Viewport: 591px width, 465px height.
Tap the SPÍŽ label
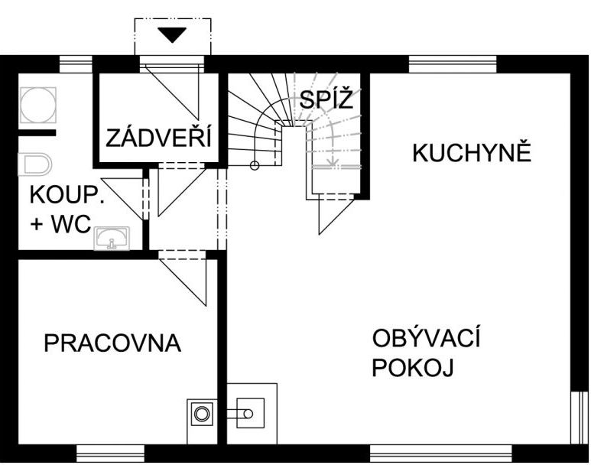click(326, 99)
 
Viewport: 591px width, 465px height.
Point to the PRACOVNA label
click(112, 343)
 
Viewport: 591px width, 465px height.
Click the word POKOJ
click(413, 367)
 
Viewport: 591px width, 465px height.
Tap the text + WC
click(60, 223)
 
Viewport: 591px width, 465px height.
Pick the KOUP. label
click(67, 195)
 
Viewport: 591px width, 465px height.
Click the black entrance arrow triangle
click(172, 35)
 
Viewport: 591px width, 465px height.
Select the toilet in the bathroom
click(34, 164)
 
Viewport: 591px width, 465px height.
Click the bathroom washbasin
click(112, 238)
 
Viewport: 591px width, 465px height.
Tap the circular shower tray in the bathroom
click(38, 106)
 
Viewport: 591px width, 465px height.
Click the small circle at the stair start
click(255, 165)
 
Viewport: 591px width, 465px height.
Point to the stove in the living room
click(250, 413)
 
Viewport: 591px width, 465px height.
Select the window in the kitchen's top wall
click(453, 64)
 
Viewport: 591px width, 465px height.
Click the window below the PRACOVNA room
click(110, 454)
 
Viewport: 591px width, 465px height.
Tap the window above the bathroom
click(76, 64)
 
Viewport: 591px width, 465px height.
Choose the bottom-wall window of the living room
click(440, 454)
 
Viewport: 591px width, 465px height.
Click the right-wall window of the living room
click(580, 418)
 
